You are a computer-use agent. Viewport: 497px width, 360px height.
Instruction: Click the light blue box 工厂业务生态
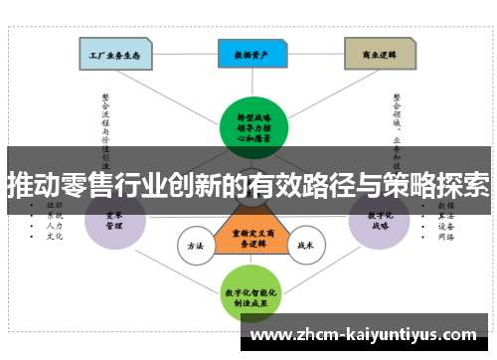(115, 54)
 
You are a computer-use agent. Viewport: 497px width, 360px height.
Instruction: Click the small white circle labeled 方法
(195, 246)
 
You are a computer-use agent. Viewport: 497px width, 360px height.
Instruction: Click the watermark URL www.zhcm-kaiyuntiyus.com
(367, 334)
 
